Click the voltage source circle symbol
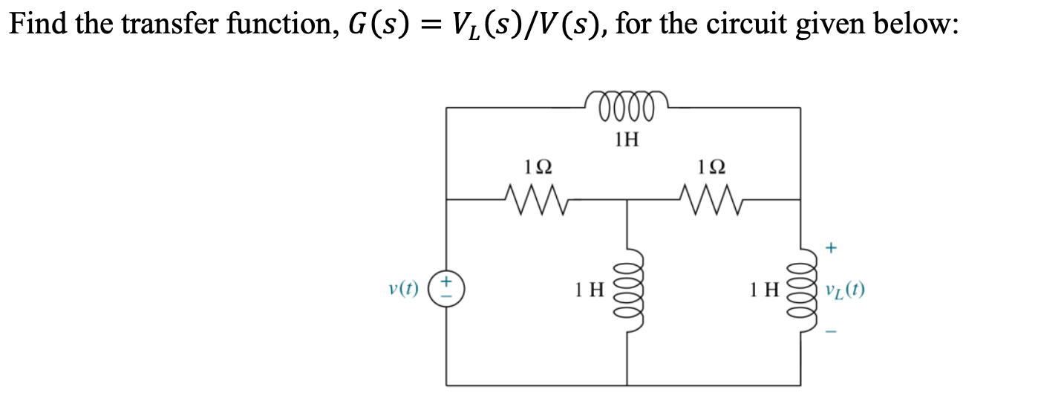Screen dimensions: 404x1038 tap(446, 288)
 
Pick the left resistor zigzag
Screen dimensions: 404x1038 tap(536, 198)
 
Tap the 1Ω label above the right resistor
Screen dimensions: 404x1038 tap(712, 166)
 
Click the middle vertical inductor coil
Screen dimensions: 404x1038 tap(628, 289)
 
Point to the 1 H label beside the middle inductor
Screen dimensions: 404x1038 tap(591, 289)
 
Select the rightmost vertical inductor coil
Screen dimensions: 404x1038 tap(802, 289)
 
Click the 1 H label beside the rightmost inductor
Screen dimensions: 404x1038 tap(765, 289)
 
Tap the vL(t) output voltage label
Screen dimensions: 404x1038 tap(844, 289)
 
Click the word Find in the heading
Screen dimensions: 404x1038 tap(34, 25)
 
